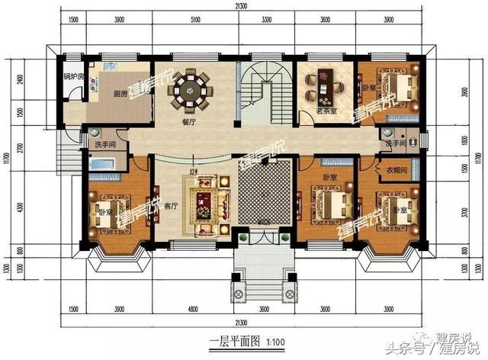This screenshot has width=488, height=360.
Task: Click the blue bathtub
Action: point(101,164)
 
